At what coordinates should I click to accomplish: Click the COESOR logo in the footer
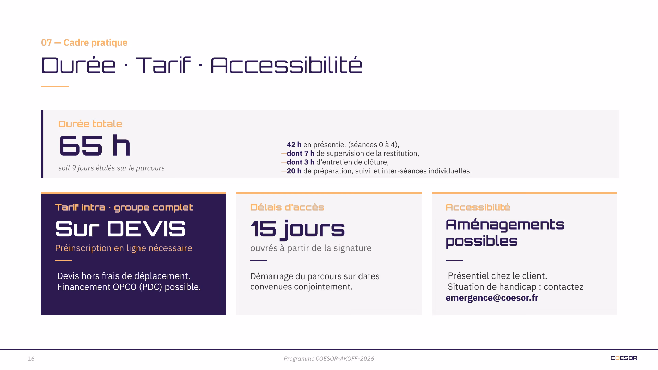click(x=624, y=358)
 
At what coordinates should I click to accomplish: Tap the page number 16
click(x=31, y=359)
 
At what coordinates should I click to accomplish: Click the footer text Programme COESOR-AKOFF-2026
click(x=329, y=359)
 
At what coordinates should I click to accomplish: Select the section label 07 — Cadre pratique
click(x=84, y=42)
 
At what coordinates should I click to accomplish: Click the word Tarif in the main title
click(x=163, y=65)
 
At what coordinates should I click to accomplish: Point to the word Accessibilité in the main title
click(x=286, y=65)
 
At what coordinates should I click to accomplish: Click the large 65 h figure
click(x=95, y=146)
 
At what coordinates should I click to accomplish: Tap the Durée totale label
click(x=90, y=124)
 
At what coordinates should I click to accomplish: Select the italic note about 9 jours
click(x=111, y=168)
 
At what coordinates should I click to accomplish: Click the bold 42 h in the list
click(x=294, y=145)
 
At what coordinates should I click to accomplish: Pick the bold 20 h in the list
click(x=294, y=171)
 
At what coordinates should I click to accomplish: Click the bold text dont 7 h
click(x=301, y=153)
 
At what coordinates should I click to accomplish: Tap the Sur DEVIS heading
click(x=120, y=229)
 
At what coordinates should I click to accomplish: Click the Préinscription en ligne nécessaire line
click(x=123, y=248)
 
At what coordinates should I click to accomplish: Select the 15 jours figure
click(x=297, y=229)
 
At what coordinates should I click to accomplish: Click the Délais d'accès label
click(x=287, y=207)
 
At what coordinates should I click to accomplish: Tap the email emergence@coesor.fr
click(x=492, y=298)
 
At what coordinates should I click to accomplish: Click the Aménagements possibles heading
click(x=505, y=233)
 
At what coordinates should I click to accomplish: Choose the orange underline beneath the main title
click(x=55, y=86)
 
